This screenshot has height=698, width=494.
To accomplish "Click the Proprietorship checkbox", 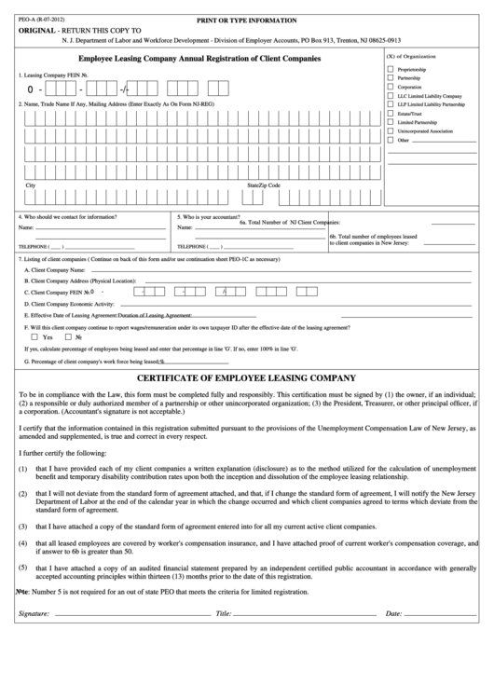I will tap(391, 70).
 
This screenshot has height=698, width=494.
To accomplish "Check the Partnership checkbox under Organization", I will tap(391, 78).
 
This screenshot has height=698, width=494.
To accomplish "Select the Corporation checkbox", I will tap(391, 88).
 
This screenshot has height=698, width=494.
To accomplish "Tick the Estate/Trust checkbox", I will tap(391, 114).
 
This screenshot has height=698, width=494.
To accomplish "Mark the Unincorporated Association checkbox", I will tap(391, 131).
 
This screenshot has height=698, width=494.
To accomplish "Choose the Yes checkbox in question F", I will tap(36, 336).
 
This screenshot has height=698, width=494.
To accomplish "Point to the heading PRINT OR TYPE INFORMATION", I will tap(246, 20).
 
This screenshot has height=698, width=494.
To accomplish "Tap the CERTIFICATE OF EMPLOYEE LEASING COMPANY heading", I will tap(246, 378).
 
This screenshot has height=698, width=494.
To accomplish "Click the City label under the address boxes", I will tap(31, 185).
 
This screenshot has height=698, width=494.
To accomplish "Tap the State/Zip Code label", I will tap(263, 185).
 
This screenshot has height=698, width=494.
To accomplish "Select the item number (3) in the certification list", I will tap(21, 526).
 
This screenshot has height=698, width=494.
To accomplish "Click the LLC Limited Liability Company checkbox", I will tap(391, 96).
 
